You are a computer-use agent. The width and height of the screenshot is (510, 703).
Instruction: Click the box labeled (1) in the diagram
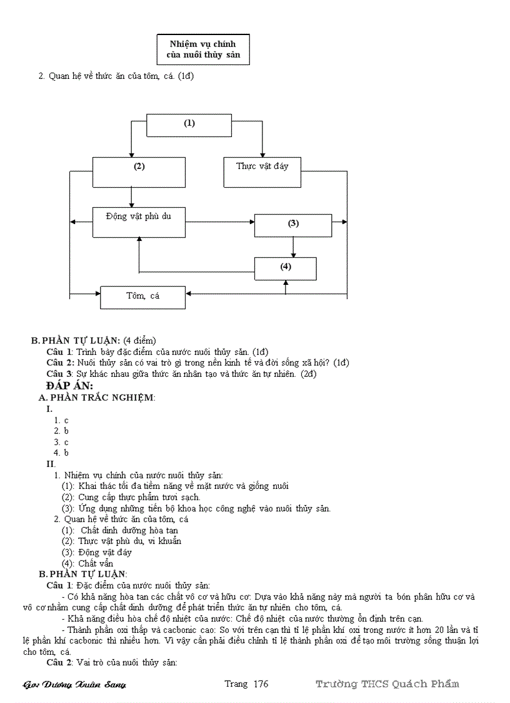coord(189,125)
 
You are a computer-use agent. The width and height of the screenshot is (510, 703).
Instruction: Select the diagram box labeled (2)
coord(139,172)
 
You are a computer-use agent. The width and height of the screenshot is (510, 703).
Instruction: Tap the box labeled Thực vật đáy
coord(262,172)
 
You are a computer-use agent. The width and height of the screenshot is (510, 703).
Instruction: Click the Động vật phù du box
coord(139,222)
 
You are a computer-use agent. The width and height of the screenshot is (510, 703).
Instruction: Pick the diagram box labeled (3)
coord(293,225)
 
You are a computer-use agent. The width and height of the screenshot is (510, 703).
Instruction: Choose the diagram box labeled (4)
coord(285,268)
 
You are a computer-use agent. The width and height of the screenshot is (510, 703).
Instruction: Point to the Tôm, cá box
coord(142,297)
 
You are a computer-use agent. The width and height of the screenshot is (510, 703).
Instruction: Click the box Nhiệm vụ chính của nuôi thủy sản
coord(202,49)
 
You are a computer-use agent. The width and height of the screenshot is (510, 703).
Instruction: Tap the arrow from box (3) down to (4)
coord(294,247)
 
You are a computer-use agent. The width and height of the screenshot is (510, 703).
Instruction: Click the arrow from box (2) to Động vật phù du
coord(131,197)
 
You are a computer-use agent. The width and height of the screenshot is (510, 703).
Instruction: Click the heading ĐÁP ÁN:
coord(69,386)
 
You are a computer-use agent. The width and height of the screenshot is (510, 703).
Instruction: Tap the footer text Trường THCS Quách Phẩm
coord(387,684)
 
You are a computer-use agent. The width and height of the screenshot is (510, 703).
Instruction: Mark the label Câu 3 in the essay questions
coord(60,374)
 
